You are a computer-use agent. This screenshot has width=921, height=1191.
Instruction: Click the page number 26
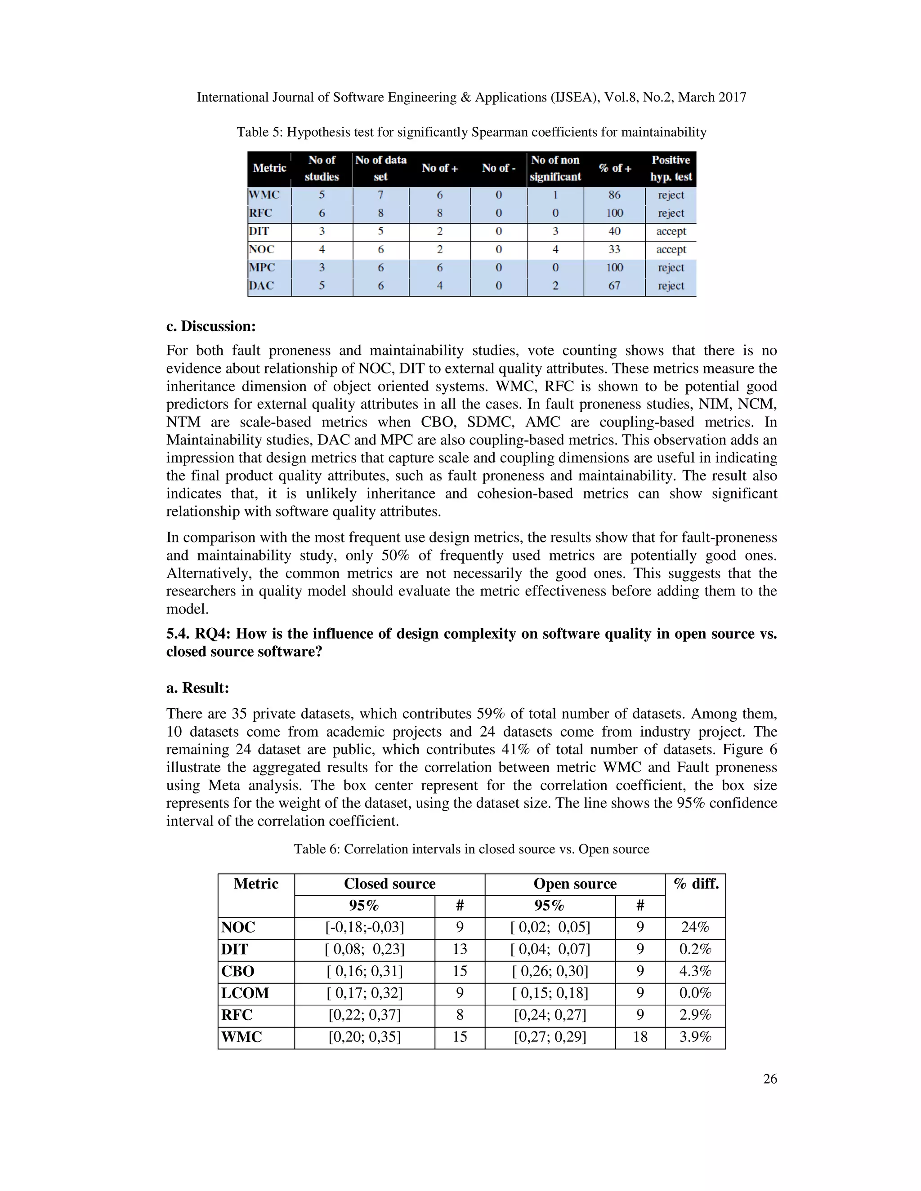[x=769, y=1079]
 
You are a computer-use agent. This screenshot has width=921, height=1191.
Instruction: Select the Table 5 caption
[x=471, y=132]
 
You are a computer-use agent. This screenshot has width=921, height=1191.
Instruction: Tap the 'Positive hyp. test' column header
[x=671, y=168]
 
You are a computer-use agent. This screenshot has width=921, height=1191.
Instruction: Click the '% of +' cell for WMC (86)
[x=614, y=195]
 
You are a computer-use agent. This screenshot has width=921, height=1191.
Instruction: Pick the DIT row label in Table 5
[x=259, y=231]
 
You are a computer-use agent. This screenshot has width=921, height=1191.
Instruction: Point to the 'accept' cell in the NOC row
[x=671, y=249]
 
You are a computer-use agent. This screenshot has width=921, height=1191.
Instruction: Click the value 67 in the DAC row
[x=614, y=286]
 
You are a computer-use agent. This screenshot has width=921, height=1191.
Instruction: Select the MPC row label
[x=262, y=267]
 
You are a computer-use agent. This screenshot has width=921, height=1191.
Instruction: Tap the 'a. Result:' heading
[x=197, y=688]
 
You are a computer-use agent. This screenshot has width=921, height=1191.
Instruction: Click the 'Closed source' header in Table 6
[x=389, y=884]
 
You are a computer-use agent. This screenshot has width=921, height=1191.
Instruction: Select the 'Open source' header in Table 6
[x=575, y=884]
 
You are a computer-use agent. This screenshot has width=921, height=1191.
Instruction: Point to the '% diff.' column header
[x=696, y=884]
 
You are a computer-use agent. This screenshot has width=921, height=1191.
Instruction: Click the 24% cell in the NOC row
[x=695, y=928]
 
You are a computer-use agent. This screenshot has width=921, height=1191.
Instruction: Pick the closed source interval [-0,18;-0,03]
[x=364, y=928]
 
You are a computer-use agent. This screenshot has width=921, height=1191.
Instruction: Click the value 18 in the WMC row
[x=640, y=1037]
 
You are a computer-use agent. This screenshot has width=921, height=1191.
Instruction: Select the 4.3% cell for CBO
[x=695, y=971]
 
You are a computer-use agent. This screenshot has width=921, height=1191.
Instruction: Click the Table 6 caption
[x=471, y=849]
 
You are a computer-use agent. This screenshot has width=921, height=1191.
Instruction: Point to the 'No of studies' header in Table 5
[x=322, y=168]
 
